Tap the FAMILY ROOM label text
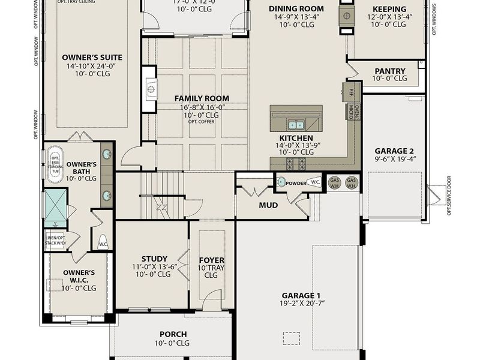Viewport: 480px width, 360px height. [202, 98]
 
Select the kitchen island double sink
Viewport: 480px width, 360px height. [295, 125]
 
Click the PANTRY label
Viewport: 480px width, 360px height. [389, 71]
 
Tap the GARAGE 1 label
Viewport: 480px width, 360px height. [302, 295]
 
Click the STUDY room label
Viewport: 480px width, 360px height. [154, 259]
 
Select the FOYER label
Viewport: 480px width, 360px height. [211, 260]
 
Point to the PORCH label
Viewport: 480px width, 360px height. [173, 334]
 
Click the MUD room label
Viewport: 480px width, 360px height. [268, 205]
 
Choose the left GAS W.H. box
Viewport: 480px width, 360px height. [335, 182]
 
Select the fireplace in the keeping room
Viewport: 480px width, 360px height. [346, 14]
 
